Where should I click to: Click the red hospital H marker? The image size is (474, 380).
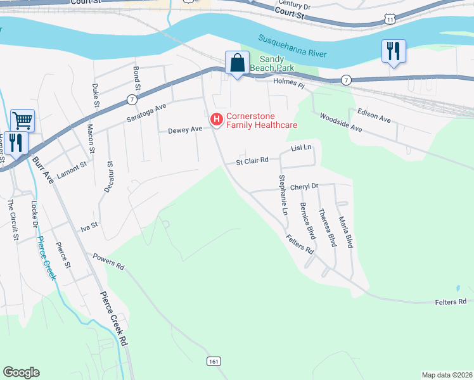point(216,119)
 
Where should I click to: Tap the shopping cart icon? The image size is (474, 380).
point(22,119)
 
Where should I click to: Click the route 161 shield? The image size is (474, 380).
point(214,360)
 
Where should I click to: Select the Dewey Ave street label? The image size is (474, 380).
point(184,130)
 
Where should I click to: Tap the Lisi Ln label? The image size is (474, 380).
point(301,148)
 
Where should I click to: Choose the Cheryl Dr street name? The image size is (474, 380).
point(304,187)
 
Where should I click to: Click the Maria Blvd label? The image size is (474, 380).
point(345,231)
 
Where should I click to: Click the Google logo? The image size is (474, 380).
point(21,372)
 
